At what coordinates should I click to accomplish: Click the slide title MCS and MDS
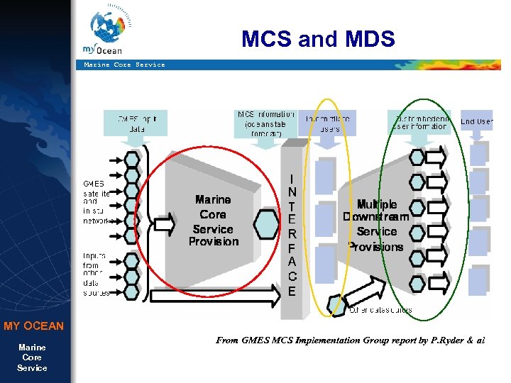click(317, 38)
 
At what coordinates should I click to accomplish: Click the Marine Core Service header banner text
click(124, 65)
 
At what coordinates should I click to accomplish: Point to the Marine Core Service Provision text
click(213, 221)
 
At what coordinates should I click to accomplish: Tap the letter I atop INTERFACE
click(292, 178)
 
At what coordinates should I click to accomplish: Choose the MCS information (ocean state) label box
click(265, 123)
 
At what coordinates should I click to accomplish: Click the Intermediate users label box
click(327, 123)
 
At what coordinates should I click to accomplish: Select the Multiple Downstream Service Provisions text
click(376, 225)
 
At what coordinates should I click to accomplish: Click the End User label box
click(478, 121)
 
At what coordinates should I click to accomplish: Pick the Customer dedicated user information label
click(420, 122)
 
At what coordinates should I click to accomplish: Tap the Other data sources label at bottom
click(380, 309)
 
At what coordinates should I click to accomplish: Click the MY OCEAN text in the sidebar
click(33, 326)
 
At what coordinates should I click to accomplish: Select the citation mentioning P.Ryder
click(350, 340)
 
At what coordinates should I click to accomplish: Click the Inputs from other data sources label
click(97, 274)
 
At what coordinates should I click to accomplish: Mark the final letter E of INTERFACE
click(292, 291)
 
